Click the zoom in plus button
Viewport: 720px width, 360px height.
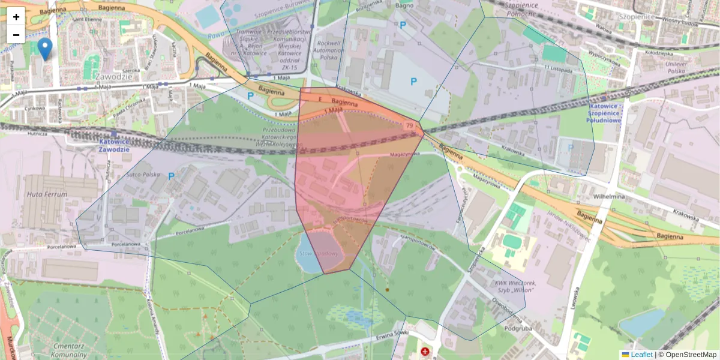click(16, 17)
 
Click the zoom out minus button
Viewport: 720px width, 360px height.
click(16, 35)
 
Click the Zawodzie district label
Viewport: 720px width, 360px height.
click(113, 77)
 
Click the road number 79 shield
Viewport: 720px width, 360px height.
click(409, 125)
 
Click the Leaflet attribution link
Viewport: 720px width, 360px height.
click(641, 355)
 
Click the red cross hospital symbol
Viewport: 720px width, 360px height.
click(425, 351)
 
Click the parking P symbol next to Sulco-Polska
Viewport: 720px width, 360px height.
click(172, 176)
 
